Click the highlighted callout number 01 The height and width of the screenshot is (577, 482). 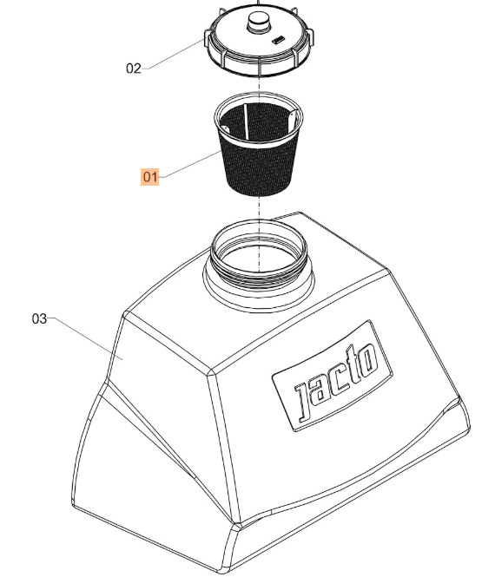click(x=150, y=177)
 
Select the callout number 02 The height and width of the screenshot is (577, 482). click(x=133, y=69)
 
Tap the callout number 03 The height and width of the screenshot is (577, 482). click(x=39, y=318)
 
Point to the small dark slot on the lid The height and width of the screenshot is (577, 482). click(x=279, y=39)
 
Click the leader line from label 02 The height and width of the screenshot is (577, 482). click(x=173, y=55)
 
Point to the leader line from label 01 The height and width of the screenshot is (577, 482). click(x=190, y=165)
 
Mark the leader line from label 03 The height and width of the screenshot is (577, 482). click(x=85, y=339)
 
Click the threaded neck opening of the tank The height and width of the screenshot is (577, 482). click(x=259, y=266)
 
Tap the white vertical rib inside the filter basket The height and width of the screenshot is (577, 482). click(x=245, y=122)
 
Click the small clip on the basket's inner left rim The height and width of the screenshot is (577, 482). click(x=225, y=128)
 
